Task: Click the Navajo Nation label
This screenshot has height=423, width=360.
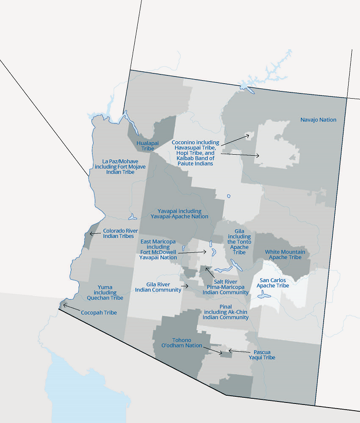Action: tap(318, 120)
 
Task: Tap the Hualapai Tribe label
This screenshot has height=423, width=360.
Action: tap(145, 145)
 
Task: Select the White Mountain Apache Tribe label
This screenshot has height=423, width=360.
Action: tap(285, 254)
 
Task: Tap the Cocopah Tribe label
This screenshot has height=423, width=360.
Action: tap(99, 312)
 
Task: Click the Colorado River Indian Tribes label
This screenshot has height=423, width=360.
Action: tap(120, 234)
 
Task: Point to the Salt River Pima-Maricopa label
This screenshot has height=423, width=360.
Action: tap(226, 287)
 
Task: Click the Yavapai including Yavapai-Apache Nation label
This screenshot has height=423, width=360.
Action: tap(179, 214)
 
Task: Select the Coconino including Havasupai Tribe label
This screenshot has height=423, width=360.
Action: tap(195, 153)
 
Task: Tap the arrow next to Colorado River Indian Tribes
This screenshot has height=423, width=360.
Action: tap(94, 233)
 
